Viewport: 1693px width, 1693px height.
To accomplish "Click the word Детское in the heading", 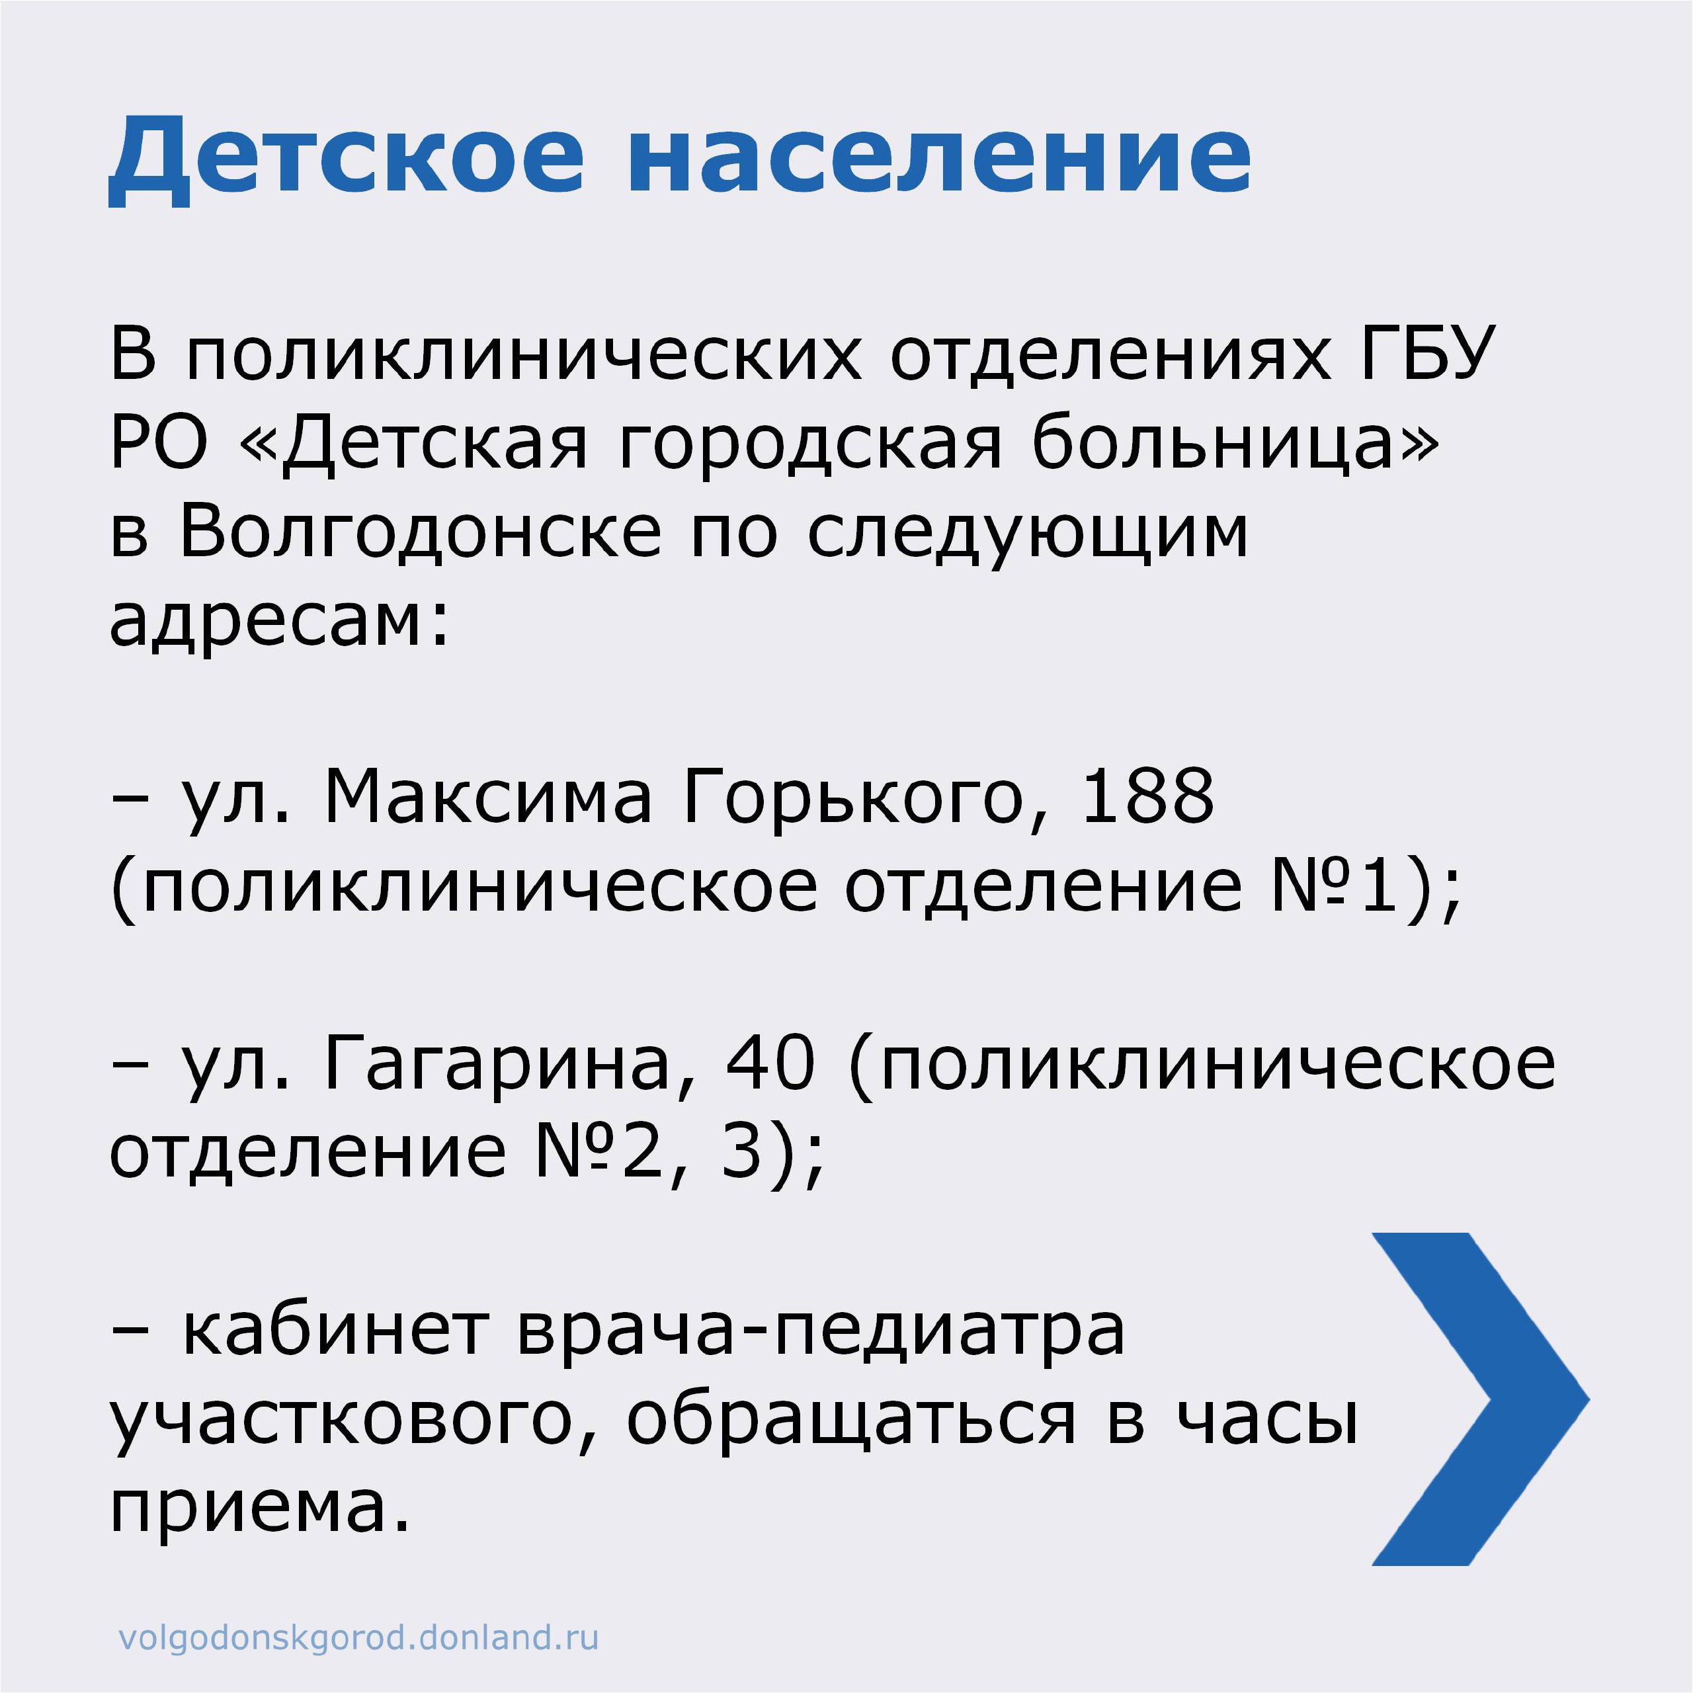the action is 346,159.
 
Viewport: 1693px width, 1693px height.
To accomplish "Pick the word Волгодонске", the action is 421,534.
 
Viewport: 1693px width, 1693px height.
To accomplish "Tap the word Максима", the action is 488,798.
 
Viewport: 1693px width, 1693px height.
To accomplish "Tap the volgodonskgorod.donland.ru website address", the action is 358,1637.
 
